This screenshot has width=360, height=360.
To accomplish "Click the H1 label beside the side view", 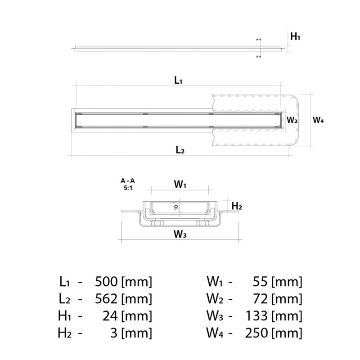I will pos(295,37).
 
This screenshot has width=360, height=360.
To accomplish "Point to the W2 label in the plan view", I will pos(292,120).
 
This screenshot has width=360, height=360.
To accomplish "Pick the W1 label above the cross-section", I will pos(180,184).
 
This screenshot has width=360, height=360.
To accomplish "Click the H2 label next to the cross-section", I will pos(237,206).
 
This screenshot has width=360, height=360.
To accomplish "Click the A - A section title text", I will pos(127,181).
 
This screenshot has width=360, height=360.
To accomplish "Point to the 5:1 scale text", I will pos(127,188).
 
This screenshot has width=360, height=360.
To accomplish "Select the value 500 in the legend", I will pos(107,283).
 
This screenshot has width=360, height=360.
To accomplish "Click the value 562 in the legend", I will pos(107,299).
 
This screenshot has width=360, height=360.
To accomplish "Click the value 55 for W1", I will pos(261,283).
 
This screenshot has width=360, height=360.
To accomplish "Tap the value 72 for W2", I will pos(261,299).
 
